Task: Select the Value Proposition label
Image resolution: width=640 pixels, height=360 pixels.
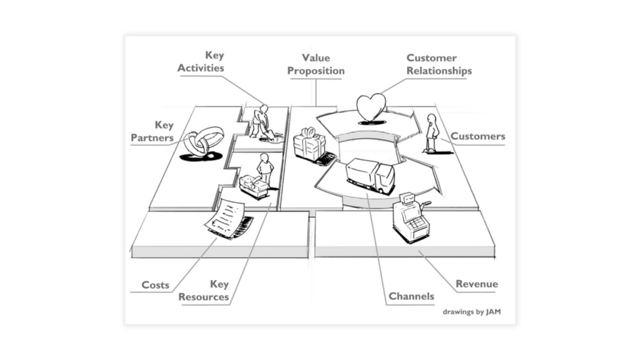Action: [x=316, y=64]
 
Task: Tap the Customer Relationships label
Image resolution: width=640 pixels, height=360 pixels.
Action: [x=439, y=64]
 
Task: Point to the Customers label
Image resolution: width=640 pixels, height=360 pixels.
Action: [x=477, y=136]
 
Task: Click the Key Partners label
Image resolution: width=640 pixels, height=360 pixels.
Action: [x=152, y=131]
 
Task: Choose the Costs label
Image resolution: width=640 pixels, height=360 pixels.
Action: [x=155, y=285]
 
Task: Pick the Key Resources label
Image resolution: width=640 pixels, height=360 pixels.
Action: [x=204, y=291]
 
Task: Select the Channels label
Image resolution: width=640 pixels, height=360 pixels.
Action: [x=411, y=296]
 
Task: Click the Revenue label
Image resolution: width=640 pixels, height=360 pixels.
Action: [x=476, y=284]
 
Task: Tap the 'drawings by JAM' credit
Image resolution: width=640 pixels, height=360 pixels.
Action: [x=472, y=311]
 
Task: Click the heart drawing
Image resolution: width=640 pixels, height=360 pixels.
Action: [x=371, y=107]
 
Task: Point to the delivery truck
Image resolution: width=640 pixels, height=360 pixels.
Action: [x=371, y=176]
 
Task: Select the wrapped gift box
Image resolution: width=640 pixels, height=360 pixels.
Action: [x=309, y=145]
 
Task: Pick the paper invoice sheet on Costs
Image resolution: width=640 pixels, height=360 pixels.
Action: [x=226, y=218]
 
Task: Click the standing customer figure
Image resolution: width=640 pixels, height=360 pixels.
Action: [x=431, y=132]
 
